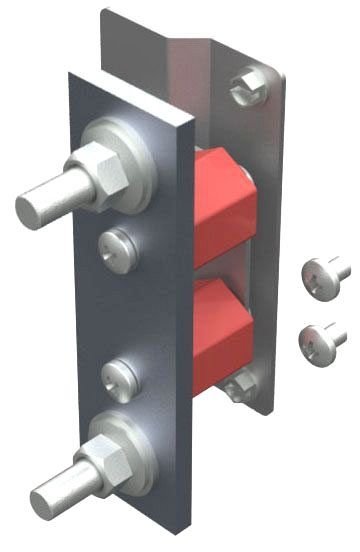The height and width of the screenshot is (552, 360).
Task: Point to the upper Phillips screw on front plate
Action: pyautogui.click(x=115, y=245)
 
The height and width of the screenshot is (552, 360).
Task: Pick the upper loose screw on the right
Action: pyautogui.click(x=326, y=272)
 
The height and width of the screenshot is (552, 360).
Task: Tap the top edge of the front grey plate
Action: pyautogui.click(x=130, y=90)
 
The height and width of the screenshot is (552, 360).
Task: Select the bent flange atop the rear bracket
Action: pyautogui.click(x=150, y=40)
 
